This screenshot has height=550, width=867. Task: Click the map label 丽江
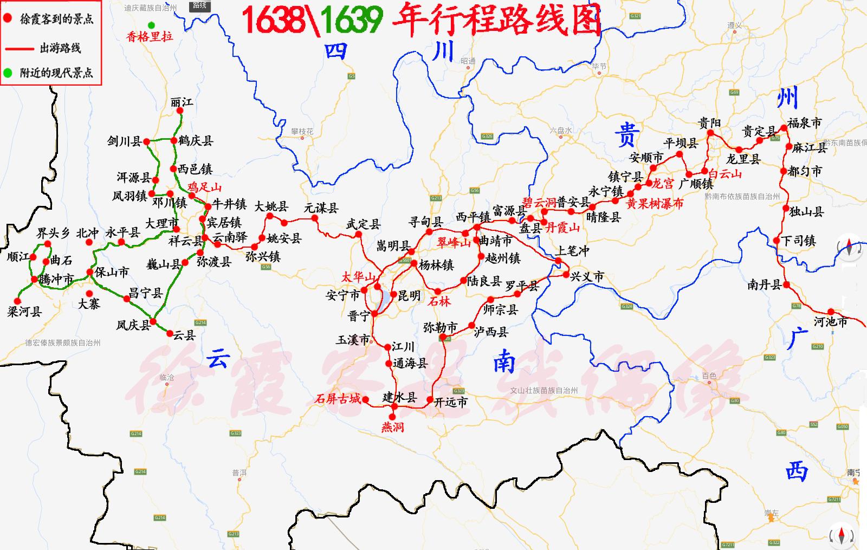[182, 102]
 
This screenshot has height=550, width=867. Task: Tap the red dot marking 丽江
[180, 111]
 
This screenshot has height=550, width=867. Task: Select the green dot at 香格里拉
[151, 25]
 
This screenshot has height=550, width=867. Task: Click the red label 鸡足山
[204, 187]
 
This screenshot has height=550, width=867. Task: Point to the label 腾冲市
[56, 280]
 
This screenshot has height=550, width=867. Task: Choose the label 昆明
[409, 296]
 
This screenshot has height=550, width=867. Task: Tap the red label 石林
[439, 301]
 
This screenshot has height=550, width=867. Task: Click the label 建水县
[400, 397]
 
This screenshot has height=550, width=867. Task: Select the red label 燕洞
[392, 427]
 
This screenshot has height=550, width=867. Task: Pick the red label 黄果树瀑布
[655, 204]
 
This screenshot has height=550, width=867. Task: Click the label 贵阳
[709, 123]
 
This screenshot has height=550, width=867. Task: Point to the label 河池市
[831, 322]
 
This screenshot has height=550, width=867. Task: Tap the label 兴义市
[587, 276]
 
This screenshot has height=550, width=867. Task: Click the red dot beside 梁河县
[17, 301]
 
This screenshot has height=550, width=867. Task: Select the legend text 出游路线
[60, 48]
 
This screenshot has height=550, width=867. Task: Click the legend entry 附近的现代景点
[56, 73]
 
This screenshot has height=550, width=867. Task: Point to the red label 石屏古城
[338, 399]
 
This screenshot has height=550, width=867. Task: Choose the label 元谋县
[321, 208]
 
